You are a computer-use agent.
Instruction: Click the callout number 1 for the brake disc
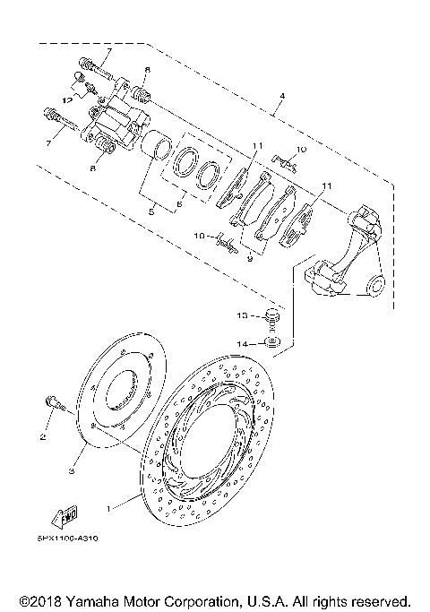(109, 508)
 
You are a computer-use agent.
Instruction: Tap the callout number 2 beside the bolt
(42, 437)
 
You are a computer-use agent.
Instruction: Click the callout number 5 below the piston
(152, 211)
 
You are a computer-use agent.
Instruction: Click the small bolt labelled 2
(56, 406)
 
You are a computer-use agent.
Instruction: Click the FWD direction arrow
(67, 517)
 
